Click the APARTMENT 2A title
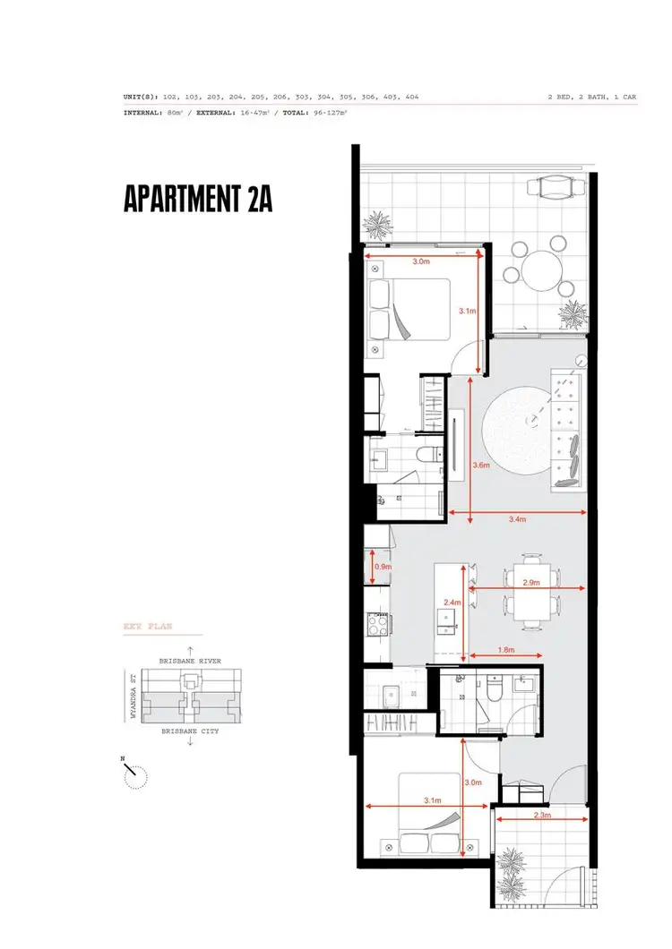pos(197,199)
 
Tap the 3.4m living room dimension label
pos(517,518)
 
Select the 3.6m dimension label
pos(480,465)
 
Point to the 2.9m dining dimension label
pos(530,583)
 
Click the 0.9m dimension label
pos(382,567)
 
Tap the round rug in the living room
pos(517,436)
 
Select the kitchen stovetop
pos(375,622)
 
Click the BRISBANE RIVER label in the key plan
pos(189,661)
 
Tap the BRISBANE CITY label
pos(189,731)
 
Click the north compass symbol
pos(135,775)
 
